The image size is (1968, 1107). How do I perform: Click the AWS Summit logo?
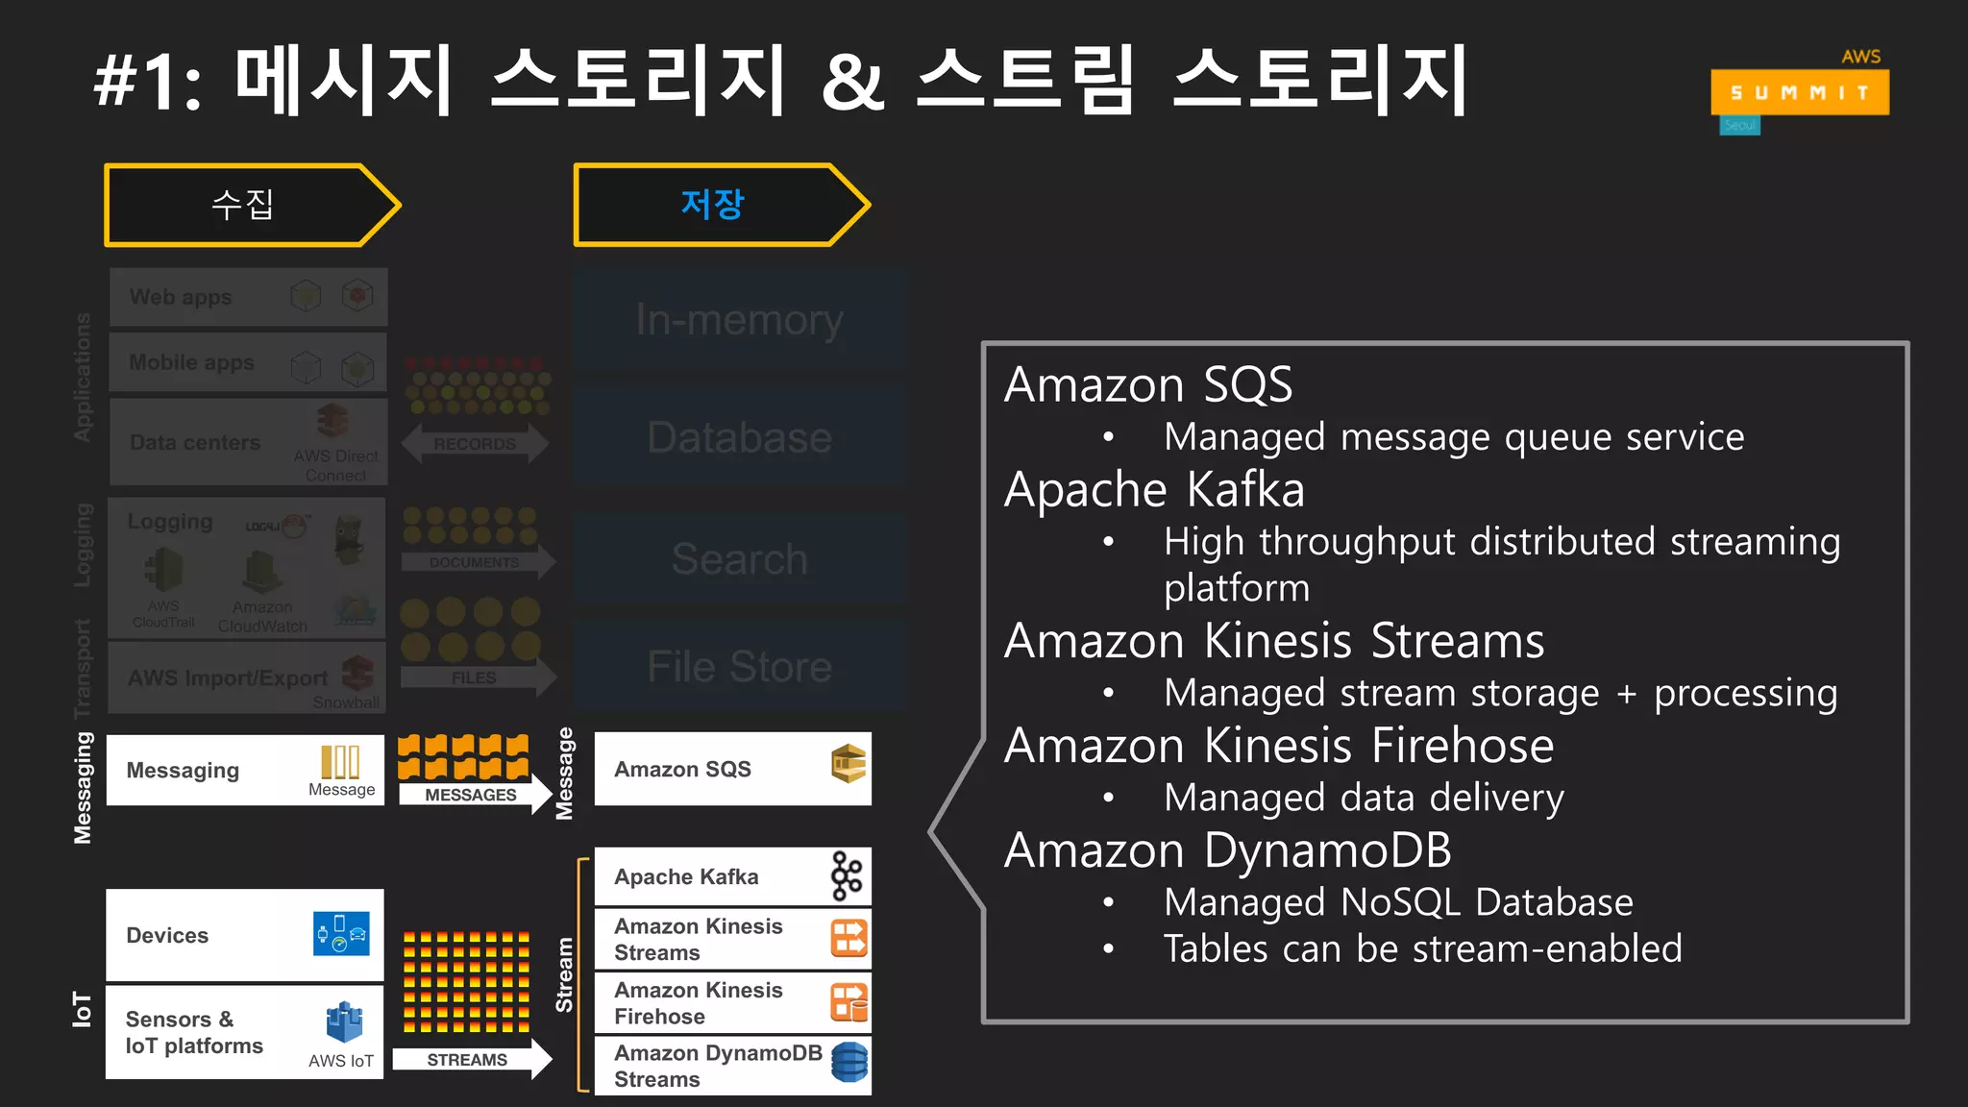point(1799,92)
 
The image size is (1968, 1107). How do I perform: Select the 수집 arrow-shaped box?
point(250,205)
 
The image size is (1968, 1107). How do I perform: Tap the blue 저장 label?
point(712,205)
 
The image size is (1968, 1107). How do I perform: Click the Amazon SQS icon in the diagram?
point(849,764)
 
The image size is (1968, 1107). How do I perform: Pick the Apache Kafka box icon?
point(847,875)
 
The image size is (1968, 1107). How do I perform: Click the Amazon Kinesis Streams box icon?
point(849,938)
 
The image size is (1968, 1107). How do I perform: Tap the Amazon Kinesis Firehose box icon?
point(849,1002)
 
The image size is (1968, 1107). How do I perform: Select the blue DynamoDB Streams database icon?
point(849,1063)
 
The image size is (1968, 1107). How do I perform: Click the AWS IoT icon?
point(344,1022)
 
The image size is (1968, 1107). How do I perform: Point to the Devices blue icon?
point(341,933)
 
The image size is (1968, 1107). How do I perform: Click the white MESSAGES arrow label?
point(471,795)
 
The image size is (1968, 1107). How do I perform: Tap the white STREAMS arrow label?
point(468,1060)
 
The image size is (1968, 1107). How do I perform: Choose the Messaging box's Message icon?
point(340,761)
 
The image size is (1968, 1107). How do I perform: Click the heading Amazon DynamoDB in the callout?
point(1227,850)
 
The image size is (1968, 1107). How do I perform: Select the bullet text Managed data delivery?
point(1364,798)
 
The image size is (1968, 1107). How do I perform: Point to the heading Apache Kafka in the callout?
point(1154,490)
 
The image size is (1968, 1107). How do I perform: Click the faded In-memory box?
point(739,320)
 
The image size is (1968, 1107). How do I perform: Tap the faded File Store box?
point(739,666)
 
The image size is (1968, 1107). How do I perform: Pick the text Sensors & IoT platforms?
point(194,1032)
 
